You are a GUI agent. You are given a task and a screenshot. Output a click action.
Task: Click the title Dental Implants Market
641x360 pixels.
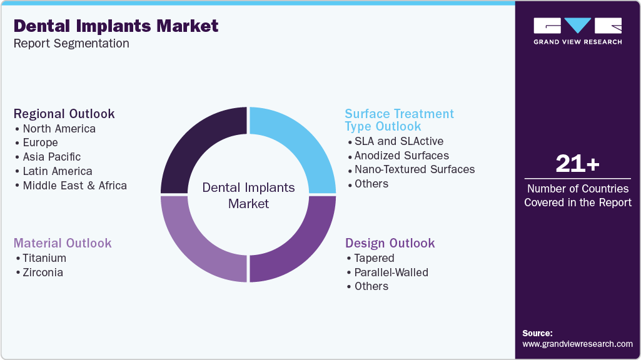(x=116, y=26)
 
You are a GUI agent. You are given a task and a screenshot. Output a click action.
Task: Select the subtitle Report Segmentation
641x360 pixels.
(x=71, y=44)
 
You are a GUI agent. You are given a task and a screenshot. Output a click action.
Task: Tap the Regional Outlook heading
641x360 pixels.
(x=64, y=114)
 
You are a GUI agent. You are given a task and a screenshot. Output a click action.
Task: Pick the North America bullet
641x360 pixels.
(x=59, y=129)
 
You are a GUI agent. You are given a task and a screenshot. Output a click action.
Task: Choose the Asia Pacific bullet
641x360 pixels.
(x=51, y=157)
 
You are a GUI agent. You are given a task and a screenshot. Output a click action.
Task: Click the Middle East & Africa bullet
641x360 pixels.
(x=74, y=186)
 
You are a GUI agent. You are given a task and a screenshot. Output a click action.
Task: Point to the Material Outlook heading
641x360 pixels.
(x=63, y=243)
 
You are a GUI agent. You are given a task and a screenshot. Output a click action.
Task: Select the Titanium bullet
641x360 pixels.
(x=44, y=258)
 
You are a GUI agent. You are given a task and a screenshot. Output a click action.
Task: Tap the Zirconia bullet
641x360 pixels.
(x=43, y=272)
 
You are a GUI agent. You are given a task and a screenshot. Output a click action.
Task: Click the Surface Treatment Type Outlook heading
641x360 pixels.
(x=399, y=120)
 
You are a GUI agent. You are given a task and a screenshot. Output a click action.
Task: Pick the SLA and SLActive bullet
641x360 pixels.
(x=398, y=141)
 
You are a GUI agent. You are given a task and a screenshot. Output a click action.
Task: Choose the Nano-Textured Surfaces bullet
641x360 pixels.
(x=414, y=169)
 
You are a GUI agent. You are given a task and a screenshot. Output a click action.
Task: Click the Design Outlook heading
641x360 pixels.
(x=390, y=243)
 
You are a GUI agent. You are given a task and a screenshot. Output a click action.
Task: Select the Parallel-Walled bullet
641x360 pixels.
(x=391, y=272)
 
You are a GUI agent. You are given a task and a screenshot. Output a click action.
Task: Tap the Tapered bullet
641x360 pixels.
(x=374, y=258)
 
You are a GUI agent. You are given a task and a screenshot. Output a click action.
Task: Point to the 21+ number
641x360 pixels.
(x=577, y=164)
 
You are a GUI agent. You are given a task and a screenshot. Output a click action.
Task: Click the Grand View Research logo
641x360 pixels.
(x=577, y=31)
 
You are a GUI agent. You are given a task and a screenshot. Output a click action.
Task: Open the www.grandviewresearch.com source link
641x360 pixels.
(x=577, y=344)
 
